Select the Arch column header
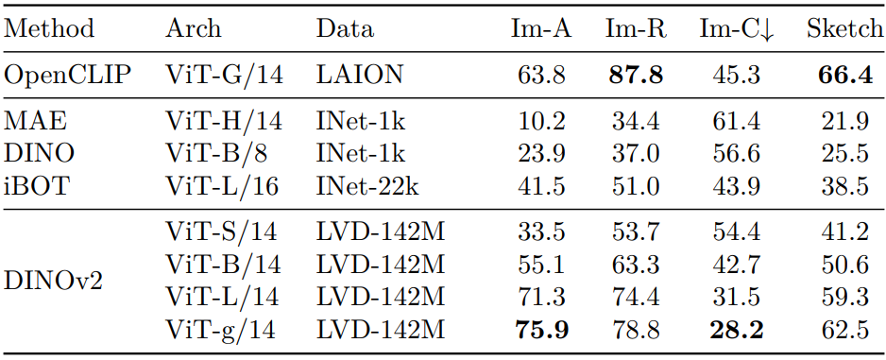coord(194,29)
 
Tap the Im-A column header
coord(540,29)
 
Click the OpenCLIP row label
coord(67,76)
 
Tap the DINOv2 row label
coord(53,281)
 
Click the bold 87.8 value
coord(636,76)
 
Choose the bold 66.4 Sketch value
coord(845,76)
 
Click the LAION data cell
coord(359,76)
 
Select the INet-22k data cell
coord(367,186)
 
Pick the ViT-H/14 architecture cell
coord(223,122)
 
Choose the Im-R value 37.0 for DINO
coord(636,154)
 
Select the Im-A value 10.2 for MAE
coord(540,122)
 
